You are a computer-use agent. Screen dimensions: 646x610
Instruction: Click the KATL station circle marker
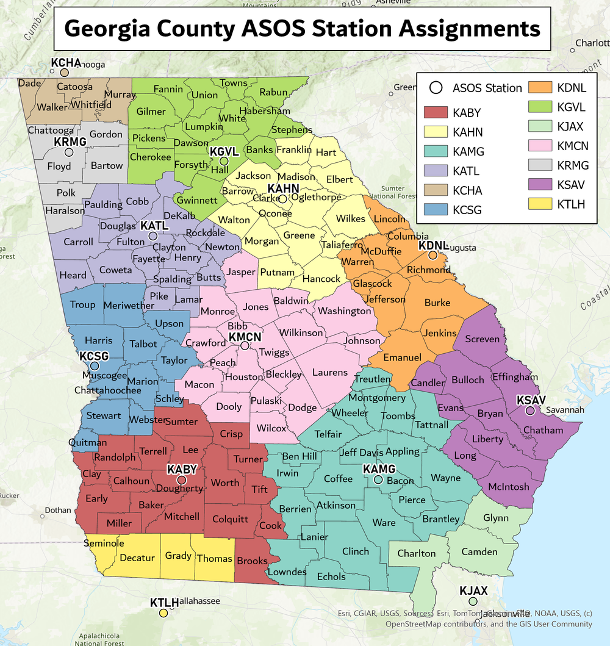pos(153,235)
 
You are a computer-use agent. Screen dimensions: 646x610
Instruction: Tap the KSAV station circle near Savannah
pos(530,411)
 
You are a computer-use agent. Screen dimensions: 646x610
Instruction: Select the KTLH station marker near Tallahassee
pos(163,613)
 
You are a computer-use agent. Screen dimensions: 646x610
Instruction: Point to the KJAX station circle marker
pos(473,601)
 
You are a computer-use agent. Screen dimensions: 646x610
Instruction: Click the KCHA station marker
pos(64,73)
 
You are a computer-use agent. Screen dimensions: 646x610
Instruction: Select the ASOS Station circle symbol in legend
pos(436,88)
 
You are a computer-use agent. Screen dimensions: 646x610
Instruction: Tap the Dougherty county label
pos(179,488)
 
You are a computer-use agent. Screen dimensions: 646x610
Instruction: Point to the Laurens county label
pos(330,372)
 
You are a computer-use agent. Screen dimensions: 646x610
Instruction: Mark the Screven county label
pos(483,339)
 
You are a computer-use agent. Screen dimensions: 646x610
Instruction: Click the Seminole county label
pos(104,543)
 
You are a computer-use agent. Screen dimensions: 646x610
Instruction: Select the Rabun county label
pos(273,93)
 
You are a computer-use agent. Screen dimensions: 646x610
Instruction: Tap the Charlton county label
pos(417,553)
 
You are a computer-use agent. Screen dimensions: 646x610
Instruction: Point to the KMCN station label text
pos(245,337)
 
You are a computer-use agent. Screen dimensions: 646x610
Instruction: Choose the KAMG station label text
pos(379,469)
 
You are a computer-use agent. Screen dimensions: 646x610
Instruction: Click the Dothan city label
pos(58,510)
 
